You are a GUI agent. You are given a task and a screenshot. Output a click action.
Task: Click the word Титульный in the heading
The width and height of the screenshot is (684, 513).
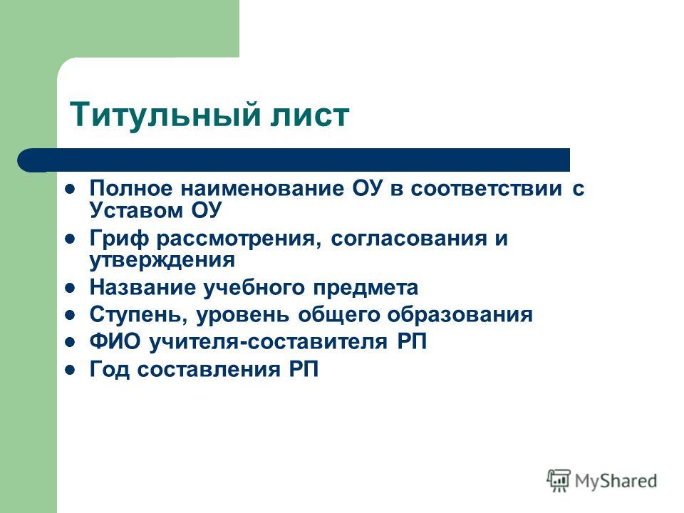tap(165, 114)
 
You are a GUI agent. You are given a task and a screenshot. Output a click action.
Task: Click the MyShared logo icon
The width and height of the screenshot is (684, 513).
tap(559, 481)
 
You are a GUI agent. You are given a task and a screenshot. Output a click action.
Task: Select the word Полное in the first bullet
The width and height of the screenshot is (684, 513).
tap(131, 188)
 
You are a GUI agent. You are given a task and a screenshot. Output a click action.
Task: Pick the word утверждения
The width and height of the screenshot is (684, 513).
tap(162, 261)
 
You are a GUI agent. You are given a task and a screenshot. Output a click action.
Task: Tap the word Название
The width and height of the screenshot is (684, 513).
tap(143, 287)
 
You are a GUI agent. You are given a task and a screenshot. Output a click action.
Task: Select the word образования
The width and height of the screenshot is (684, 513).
tap(460, 315)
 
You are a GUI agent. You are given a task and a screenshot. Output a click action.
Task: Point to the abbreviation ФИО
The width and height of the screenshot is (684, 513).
tap(115, 341)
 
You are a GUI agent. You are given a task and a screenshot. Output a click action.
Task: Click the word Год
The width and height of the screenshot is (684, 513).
tap(110, 370)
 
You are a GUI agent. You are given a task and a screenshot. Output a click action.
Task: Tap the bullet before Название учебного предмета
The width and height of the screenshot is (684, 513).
tap(70, 289)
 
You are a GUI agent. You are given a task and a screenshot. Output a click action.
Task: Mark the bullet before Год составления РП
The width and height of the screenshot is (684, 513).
tap(70, 370)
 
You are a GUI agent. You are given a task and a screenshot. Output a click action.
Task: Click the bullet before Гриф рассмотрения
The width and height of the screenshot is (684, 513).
tap(70, 239)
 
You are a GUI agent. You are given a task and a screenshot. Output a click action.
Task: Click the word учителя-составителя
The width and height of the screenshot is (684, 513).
tap(269, 342)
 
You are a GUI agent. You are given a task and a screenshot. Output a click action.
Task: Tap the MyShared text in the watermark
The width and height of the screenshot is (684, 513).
tap(616, 481)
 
